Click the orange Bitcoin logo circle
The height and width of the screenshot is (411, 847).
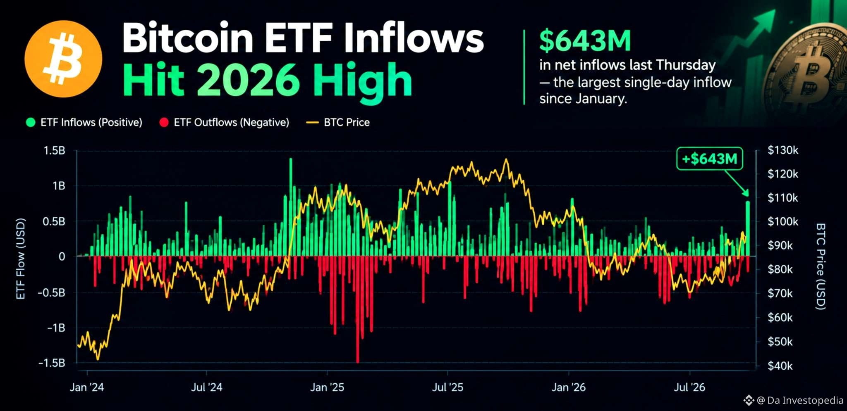(63, 59)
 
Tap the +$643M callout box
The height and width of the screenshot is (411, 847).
(709, 159)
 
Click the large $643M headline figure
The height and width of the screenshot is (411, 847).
(585, 40)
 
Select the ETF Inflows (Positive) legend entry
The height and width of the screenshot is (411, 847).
(84, 122)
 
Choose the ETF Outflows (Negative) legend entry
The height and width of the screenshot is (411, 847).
(224, 122)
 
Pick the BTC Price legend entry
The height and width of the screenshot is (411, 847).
(338, 122)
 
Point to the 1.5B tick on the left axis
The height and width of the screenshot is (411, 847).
(55, 151)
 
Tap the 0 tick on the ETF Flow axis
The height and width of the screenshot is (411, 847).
(62, 257)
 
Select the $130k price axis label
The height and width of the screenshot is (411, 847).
(783, 150)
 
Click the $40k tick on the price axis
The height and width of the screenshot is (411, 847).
(780, 366)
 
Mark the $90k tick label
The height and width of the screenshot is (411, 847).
(780, 246)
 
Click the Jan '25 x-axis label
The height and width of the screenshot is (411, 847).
(327, 387)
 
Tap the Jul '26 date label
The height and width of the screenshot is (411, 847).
(689, 387)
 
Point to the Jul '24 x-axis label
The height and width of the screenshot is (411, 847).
(206, 387)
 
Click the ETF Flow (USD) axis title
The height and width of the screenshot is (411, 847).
(21, 259)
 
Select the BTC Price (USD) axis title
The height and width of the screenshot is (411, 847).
(821, 266)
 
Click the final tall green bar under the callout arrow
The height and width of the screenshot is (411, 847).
(748, 228)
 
